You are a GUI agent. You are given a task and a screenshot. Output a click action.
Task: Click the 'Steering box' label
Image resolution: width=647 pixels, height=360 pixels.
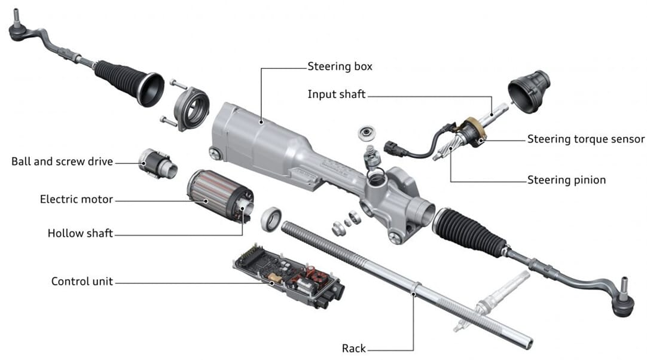339,66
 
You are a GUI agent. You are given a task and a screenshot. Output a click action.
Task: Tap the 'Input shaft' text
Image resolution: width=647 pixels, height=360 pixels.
336,94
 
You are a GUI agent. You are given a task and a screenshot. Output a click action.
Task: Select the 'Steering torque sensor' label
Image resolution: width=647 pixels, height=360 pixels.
585,139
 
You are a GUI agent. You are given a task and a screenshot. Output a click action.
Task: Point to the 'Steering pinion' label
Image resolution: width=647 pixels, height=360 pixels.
566,180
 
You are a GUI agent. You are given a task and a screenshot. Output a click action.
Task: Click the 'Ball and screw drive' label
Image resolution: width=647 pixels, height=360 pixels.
62,161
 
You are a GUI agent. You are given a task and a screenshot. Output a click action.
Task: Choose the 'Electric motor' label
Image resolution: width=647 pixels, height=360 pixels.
76,199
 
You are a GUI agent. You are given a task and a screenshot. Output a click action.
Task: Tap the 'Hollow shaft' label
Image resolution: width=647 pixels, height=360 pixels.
80,234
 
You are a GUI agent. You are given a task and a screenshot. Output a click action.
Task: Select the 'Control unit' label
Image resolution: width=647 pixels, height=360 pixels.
82,281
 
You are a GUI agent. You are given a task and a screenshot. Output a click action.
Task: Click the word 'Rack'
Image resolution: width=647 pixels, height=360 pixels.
354,348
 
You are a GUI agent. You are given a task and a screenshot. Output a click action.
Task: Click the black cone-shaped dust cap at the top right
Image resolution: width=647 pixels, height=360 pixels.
529,90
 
